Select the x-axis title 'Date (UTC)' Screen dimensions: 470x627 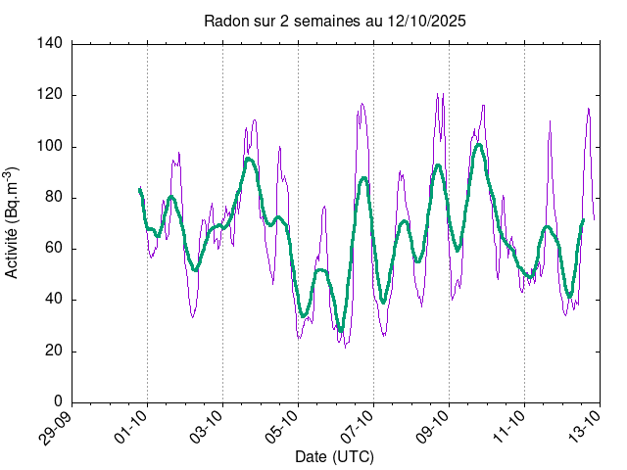click(x=334, y=457)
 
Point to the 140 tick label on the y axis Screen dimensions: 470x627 click(x=52, y=44)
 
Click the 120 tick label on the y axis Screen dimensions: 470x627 click(x=52, y=95)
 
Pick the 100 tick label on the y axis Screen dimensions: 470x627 click(x=52, y=146)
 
